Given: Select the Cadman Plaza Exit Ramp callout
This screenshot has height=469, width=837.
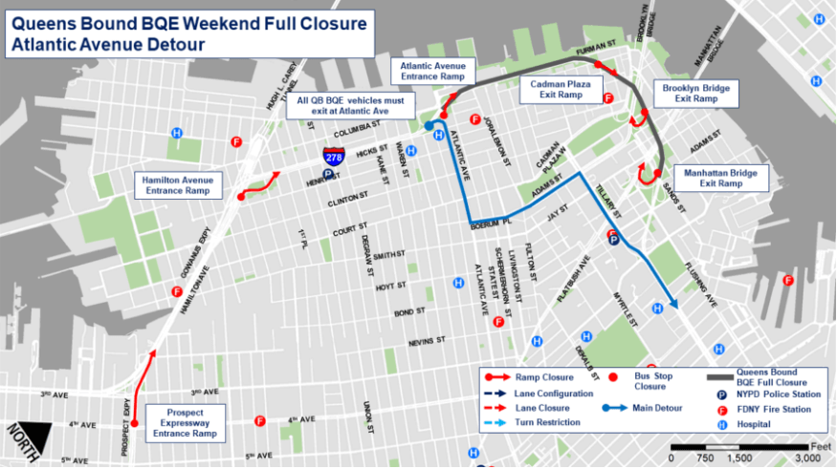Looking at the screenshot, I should click(556, 90).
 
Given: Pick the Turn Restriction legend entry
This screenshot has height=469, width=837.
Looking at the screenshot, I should click(542, 422).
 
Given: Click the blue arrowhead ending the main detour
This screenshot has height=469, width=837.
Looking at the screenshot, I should click(673, 305).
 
